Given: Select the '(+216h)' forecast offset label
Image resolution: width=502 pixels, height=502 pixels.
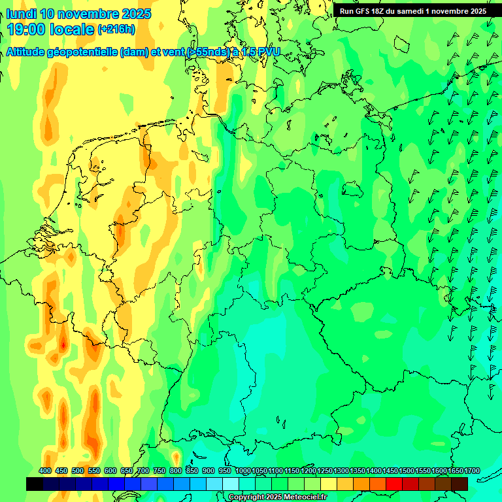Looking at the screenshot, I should click(116, 29).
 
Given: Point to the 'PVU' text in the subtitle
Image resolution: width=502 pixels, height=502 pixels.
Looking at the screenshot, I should click(267, 52).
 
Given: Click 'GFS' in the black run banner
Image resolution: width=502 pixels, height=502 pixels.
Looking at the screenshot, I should click(363, 11).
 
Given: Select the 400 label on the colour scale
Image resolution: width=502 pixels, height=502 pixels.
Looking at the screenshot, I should click(45, 471).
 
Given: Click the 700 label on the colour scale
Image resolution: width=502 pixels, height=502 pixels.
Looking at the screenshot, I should click(143, 471).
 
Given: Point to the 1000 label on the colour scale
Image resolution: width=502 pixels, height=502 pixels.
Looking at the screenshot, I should click(243, 471).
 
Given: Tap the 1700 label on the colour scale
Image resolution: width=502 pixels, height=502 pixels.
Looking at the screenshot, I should click(471, 471).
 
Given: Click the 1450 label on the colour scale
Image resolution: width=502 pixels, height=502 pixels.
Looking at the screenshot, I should click(390, 471).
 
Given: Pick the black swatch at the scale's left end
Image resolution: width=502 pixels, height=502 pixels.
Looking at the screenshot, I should click(35, 484).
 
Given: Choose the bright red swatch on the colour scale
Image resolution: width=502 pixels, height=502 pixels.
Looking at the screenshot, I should click(394, 484).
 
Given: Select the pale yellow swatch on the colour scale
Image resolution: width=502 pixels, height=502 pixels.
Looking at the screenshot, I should click(329, 484).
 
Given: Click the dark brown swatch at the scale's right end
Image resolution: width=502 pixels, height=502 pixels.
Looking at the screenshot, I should click(460, 484).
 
